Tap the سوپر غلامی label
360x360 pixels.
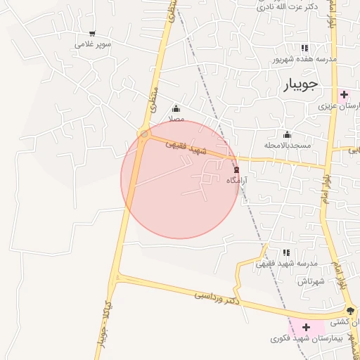(x=94, y=44)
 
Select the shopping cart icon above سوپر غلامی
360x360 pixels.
(x=92, y=34)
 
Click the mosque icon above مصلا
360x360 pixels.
(x=176, y=109)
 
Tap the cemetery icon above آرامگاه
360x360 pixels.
(x=236, y=169)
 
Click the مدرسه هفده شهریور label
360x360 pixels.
(x=304, y=59)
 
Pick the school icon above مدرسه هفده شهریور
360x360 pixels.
(x=304, y=48)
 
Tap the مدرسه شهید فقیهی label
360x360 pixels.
(x=286, y=263)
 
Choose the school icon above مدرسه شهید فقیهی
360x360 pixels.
(x=286, y=252)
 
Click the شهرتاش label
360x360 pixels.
(x=309, y=281)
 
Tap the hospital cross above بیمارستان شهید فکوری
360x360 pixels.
(x=306, y=328)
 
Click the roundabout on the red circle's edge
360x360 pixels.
(x=144, y=134)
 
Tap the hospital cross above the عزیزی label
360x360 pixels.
(x=344, y=95)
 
